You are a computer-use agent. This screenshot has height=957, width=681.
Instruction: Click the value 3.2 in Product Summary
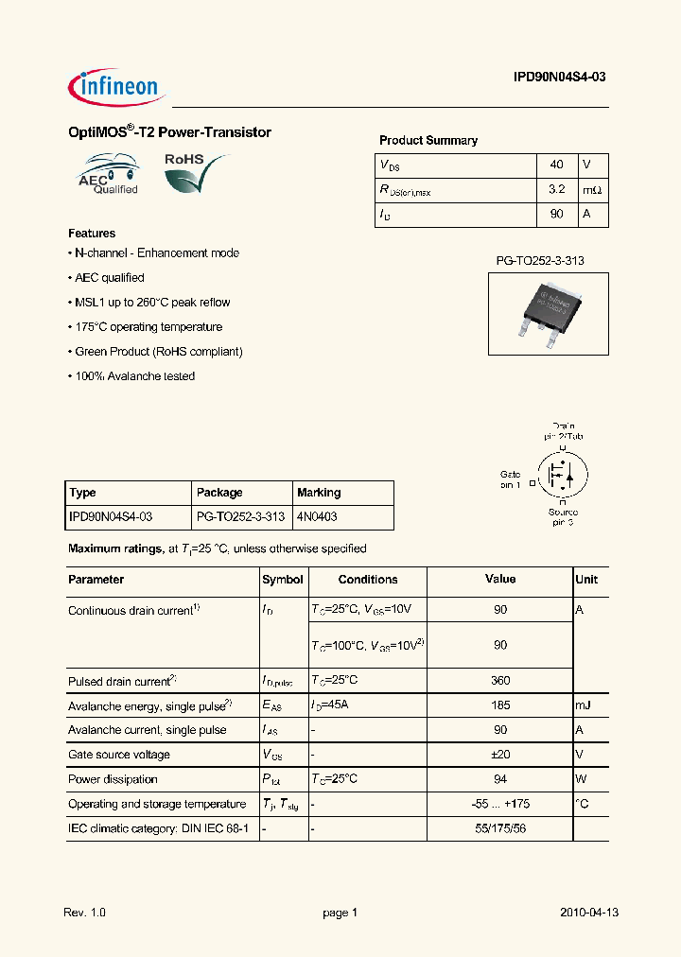tap(556, 189)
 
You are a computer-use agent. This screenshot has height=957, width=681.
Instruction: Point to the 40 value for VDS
tap(556, 165)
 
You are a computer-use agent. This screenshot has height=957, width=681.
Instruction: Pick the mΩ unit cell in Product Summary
tap(592, 189)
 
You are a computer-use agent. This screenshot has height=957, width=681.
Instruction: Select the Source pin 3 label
tap(563, 516)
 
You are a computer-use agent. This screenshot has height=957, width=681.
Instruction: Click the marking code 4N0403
tap(317, 517)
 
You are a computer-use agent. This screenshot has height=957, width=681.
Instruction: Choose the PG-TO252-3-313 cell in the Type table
tap(240, 517)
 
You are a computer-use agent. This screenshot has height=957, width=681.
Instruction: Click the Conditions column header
tap(368, 580)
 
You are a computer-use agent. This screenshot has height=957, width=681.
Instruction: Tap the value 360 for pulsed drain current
tap(500, 681)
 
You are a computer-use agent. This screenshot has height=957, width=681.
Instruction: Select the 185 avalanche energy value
tap(500, 705)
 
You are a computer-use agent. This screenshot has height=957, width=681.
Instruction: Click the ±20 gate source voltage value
tap(500, 755)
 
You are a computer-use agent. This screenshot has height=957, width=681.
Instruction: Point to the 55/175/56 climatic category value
tap(500, 828)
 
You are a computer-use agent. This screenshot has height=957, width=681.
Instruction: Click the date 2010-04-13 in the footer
tap(588, 913)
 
